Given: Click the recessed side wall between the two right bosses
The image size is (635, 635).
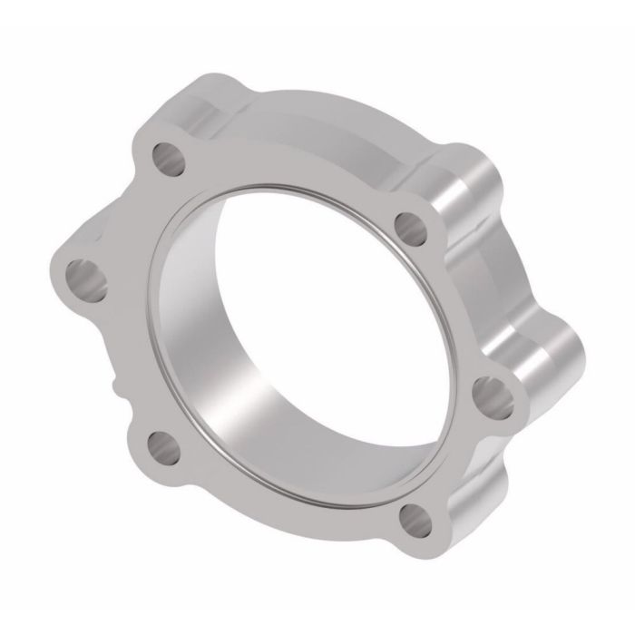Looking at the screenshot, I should click(508, 272).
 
